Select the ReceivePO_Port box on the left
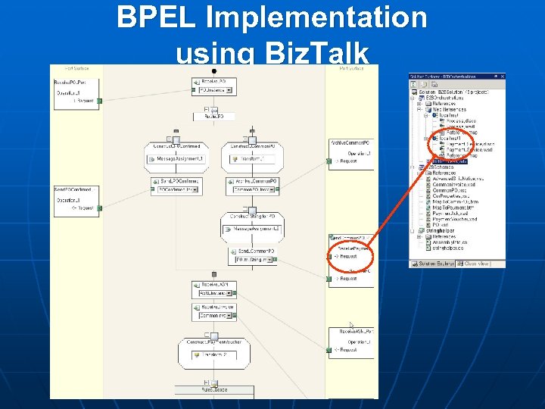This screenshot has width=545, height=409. [75, 87]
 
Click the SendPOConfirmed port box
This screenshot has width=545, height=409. [75, 201]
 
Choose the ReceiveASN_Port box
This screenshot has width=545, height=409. [350, 342]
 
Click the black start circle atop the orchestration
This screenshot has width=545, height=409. [214, 71]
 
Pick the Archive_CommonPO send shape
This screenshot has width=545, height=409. [252, 186]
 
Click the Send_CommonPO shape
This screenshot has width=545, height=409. [252, 254]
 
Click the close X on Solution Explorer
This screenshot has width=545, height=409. [503, 76]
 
